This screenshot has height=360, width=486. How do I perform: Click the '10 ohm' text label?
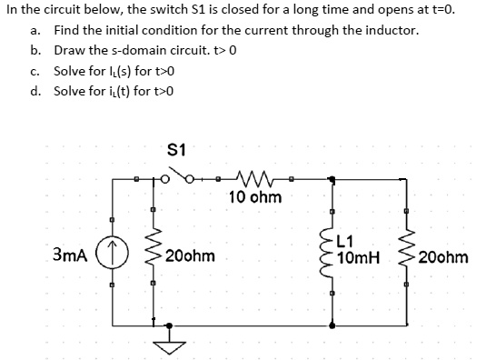pos(254,197)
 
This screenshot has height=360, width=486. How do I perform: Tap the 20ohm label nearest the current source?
pos(190,256)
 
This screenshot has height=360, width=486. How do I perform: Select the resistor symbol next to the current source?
pos(153,256)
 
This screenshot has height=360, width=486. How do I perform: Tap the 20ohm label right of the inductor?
pos(444,257)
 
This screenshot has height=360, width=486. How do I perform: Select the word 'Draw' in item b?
pos(70,50)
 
